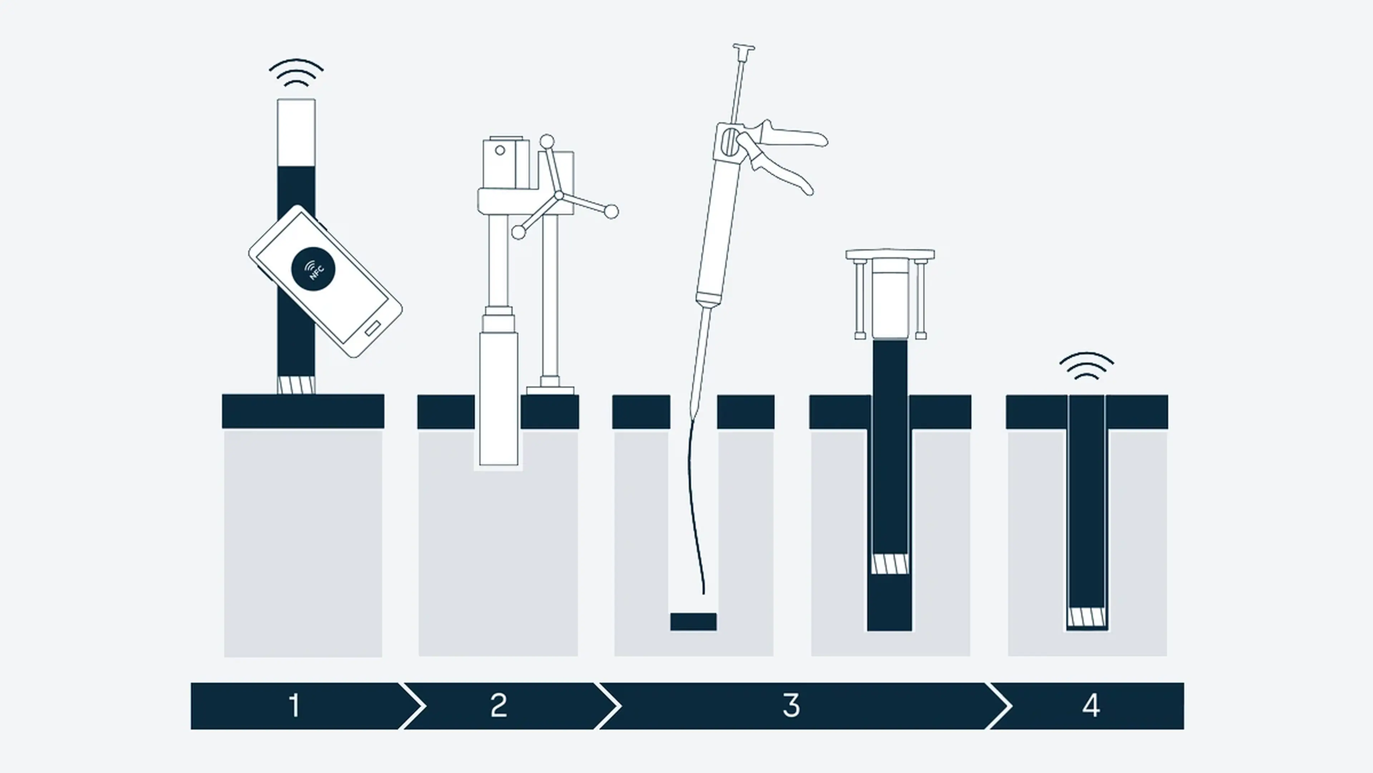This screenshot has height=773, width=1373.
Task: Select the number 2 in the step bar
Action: tap(498, 705)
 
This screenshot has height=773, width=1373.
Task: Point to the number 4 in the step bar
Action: tap(1091, 705)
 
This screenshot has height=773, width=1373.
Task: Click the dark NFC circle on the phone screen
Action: tap(314, 269)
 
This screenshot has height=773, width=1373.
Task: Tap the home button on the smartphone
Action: tap(373, 328)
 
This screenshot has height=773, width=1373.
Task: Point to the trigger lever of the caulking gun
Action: tap(783, 165)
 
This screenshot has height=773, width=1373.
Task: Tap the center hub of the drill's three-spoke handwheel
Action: tap(558, 197)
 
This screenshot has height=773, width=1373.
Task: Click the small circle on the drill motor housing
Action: tap(500, 150)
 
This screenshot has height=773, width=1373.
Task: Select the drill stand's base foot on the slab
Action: tap(550, 390)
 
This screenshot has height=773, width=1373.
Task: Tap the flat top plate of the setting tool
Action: tap(890, 254)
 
